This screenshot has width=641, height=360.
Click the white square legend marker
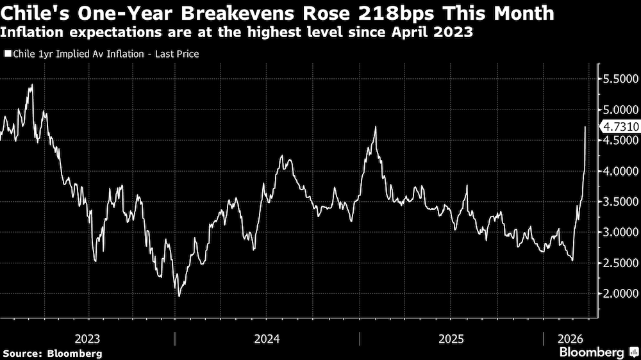[x=7, y=54]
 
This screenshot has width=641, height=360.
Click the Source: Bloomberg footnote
[x=52, y=353]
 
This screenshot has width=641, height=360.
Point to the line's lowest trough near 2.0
[x=179, y=296]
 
